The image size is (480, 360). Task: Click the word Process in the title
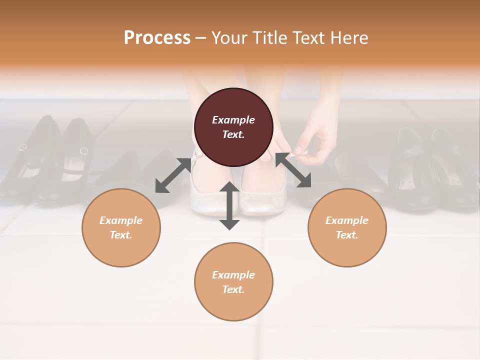157,38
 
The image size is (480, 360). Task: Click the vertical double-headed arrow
229,205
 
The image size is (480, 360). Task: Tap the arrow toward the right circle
293,170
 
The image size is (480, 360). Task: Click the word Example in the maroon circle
233,120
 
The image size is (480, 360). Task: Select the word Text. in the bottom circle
233,289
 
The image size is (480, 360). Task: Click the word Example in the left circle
121,220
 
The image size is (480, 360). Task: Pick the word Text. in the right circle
347,235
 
